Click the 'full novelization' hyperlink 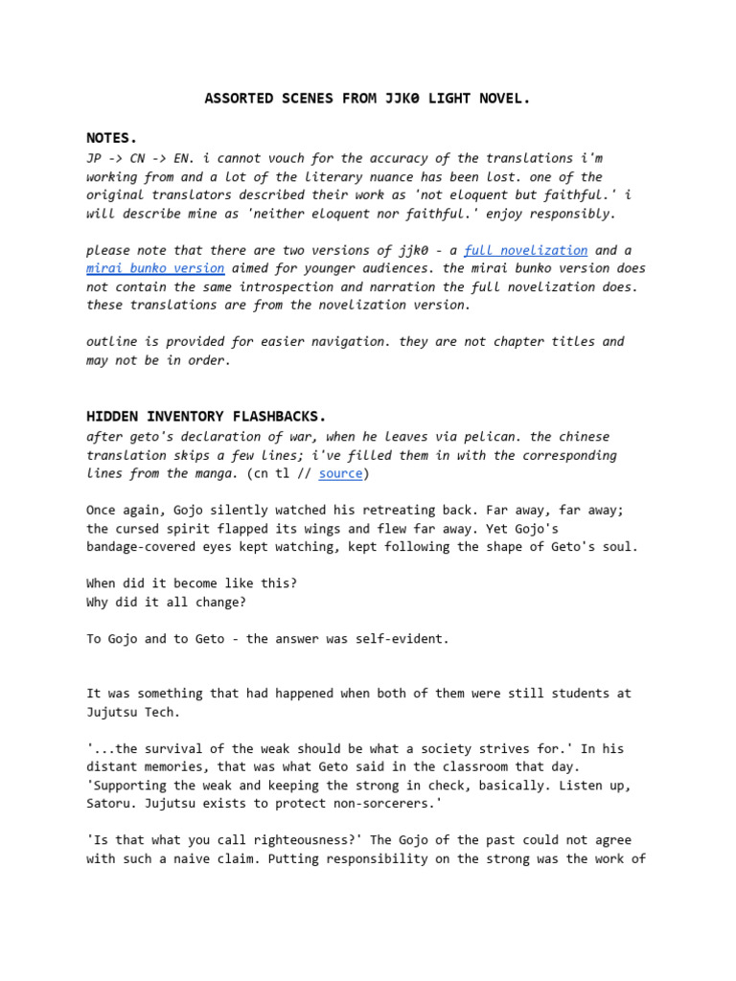pyautogui.click(x=525, y=250)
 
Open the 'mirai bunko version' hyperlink pyautogui.click(x=155, y=268)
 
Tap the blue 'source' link pyautogui.click(x=340, y=473)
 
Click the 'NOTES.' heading pyautogui.click(x=112, y=139)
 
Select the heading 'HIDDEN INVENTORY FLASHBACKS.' pyautogui.click(x=206, y=417)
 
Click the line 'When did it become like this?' pyautogui.click(x=193, y=582)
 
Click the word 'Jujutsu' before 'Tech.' pyautogui.click(x=114, y=712)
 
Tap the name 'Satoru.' pyautogui.click(x=114, y=804)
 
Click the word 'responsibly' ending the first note pyautogui.click(x=569, y=213)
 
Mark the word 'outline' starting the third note pyautogui.click(x=114, y=342)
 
